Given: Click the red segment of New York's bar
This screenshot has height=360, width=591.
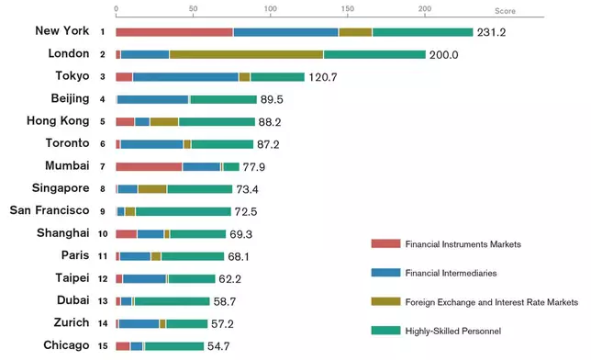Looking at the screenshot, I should tap(174, 32).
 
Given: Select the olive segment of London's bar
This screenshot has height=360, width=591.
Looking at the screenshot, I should tap(246, 54).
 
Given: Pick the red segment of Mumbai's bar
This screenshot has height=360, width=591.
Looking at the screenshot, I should tap(149, 166).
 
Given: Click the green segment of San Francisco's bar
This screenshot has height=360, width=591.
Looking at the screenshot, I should tap(183, 211).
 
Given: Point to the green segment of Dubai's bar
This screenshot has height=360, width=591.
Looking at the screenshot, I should tap(172, 300).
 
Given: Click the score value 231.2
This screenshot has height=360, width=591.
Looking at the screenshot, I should tap(494, 32).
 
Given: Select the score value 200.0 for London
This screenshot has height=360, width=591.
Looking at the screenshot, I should tap(445, 55).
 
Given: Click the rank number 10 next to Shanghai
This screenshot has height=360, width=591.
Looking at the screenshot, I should tap(103, 234).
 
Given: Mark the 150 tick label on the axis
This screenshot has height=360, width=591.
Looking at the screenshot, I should tap(346, 8).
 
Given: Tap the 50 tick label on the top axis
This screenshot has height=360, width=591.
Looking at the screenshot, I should tap(193, 8).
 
